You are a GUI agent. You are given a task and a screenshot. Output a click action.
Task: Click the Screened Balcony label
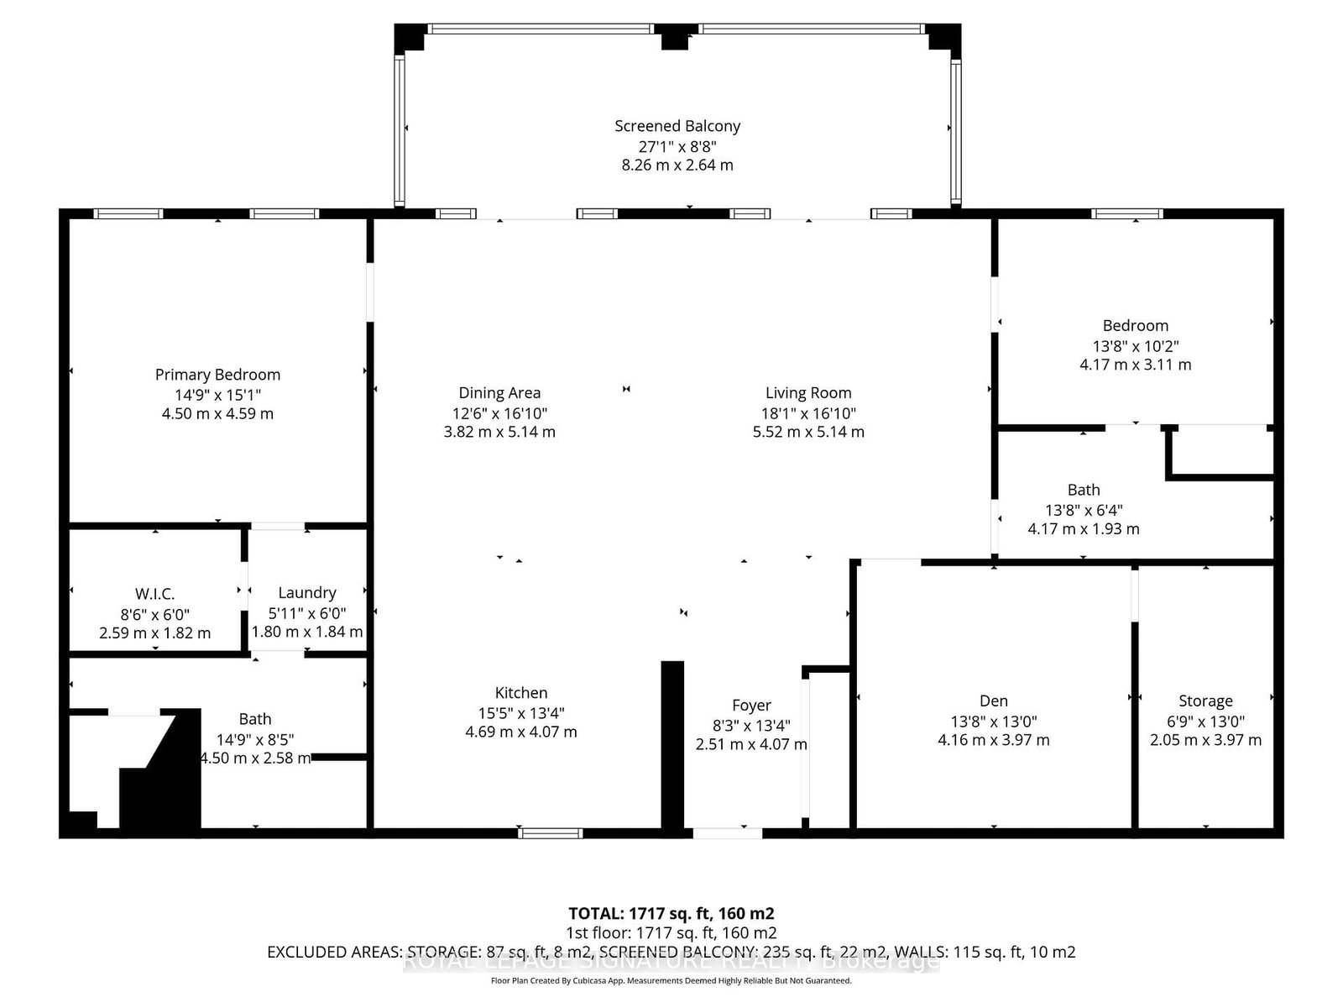[677, 126]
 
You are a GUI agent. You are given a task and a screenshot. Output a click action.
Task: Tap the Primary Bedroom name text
[217, 375]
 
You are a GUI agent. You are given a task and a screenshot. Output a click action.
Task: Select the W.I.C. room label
[154, 594]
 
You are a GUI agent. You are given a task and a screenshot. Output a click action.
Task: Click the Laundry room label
[307, 592]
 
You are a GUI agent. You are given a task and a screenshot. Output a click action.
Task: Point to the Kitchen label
[520, 692]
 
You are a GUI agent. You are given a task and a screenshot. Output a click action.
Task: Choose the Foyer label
[750, 705]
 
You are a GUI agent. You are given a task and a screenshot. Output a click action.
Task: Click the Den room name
[993, 701]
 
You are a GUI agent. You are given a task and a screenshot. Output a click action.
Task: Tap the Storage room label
[1205, 701]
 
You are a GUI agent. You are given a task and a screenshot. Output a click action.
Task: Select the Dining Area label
[499, 392]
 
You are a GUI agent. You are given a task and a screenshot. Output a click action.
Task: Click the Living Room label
[807, 392]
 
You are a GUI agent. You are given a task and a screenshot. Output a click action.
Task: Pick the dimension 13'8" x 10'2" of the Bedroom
[1135, 345]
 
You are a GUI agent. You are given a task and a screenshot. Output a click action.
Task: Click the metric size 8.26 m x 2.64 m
[677, 165]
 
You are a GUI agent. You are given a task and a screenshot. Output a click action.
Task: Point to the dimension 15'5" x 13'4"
[520, 712]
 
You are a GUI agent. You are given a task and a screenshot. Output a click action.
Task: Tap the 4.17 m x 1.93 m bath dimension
[1083, 528]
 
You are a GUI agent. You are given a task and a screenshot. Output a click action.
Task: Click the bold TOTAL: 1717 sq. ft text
[671, 913]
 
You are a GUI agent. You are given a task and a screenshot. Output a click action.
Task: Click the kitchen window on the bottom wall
[550, 833]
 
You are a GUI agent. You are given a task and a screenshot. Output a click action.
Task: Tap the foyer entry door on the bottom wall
[727, 833]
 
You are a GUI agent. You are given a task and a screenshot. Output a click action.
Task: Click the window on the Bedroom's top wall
[1126, 213]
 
